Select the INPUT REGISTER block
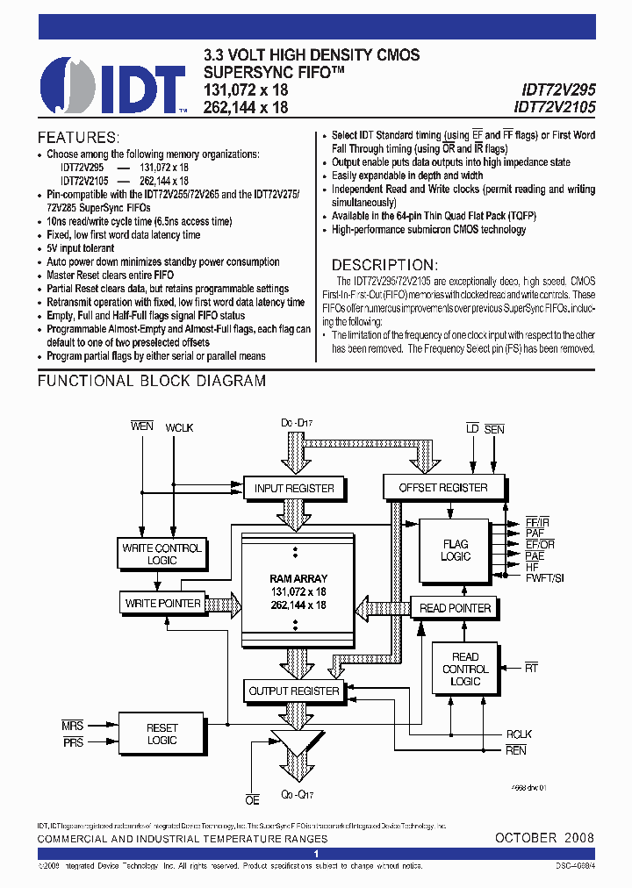tap(294, 488)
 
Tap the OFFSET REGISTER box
tap(443, 487)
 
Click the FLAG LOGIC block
tap(456, 550)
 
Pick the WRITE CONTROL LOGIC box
tap(162, 554)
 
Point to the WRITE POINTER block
tap(162, 603)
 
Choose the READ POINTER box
tap(456, 607)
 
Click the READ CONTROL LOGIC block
tap(465, 669)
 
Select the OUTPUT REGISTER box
tap(294, 691)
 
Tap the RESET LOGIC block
tap(162, 734)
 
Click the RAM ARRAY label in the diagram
tap(298, 578)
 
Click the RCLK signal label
tap(518, 734)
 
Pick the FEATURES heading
tap(77, 138)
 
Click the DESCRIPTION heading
tap(383, 265)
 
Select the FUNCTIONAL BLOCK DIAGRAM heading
tap(151, 381)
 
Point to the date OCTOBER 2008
tap(544, 838)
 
